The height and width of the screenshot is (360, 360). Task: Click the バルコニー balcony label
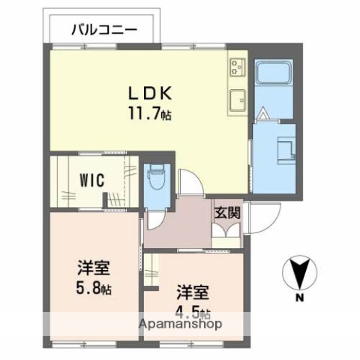point(103,31)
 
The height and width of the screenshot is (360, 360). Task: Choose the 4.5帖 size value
point(193,312)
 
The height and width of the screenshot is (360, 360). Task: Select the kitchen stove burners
point(238,67)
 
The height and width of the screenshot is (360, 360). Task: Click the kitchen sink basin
point(238,97)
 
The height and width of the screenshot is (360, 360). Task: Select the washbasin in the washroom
point(286,148)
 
